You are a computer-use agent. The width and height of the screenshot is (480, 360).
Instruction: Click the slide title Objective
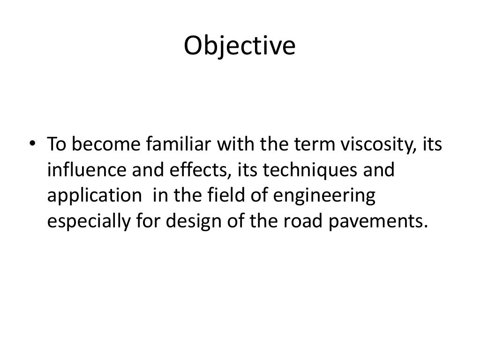240,46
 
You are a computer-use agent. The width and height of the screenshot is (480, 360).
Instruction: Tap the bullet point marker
32,145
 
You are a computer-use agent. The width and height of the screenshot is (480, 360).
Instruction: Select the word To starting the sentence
56,145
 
